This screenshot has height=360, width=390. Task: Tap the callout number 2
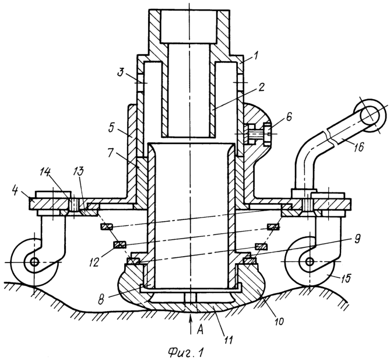[x=261, y=87]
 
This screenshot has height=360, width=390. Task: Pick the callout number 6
[x=289, y=117]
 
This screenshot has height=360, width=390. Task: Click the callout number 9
[x=357, y=240]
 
